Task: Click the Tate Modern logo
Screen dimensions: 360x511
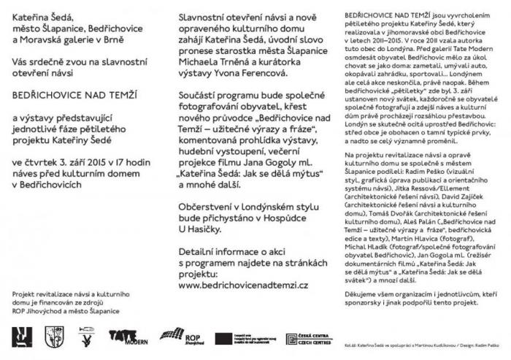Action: coord(128,337)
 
